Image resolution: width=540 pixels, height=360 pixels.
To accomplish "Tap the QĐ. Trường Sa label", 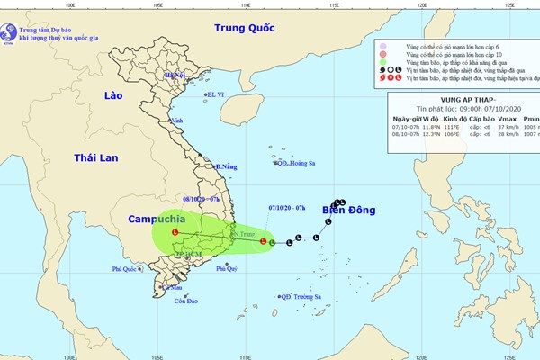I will click(300, 296).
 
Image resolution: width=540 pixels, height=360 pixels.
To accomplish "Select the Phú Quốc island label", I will click(127, 268).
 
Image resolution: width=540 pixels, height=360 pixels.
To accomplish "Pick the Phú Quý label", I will click(226, 268).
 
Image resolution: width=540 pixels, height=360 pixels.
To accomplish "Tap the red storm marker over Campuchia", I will click(175, 234).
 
